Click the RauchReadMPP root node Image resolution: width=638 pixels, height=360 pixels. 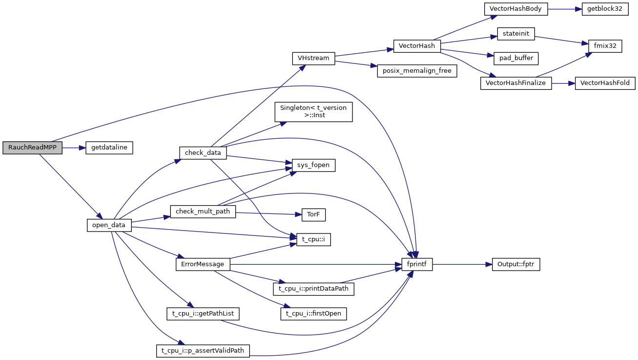click(32, 148)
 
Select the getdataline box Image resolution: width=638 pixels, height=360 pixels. click(109, 148)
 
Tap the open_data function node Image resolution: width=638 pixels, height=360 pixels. click(109, 225)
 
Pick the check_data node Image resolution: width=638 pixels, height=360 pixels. click(203, 153)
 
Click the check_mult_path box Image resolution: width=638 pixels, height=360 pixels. click(203, 212)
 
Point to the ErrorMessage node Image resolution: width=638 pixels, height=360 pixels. click(202, 264)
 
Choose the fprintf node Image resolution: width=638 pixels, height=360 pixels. click(417, 264)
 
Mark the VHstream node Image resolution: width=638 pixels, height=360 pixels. click(313, 58)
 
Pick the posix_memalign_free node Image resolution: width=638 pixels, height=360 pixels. click(416, 71)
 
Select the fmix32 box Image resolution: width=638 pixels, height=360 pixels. click(605, 46)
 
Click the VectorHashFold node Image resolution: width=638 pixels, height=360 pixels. click(605, 83)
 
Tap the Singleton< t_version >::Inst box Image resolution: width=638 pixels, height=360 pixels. click(313, 112)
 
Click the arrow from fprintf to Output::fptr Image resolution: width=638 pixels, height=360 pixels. click(462, 264)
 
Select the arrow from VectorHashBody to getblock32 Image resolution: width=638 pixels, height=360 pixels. click(564, 10)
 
